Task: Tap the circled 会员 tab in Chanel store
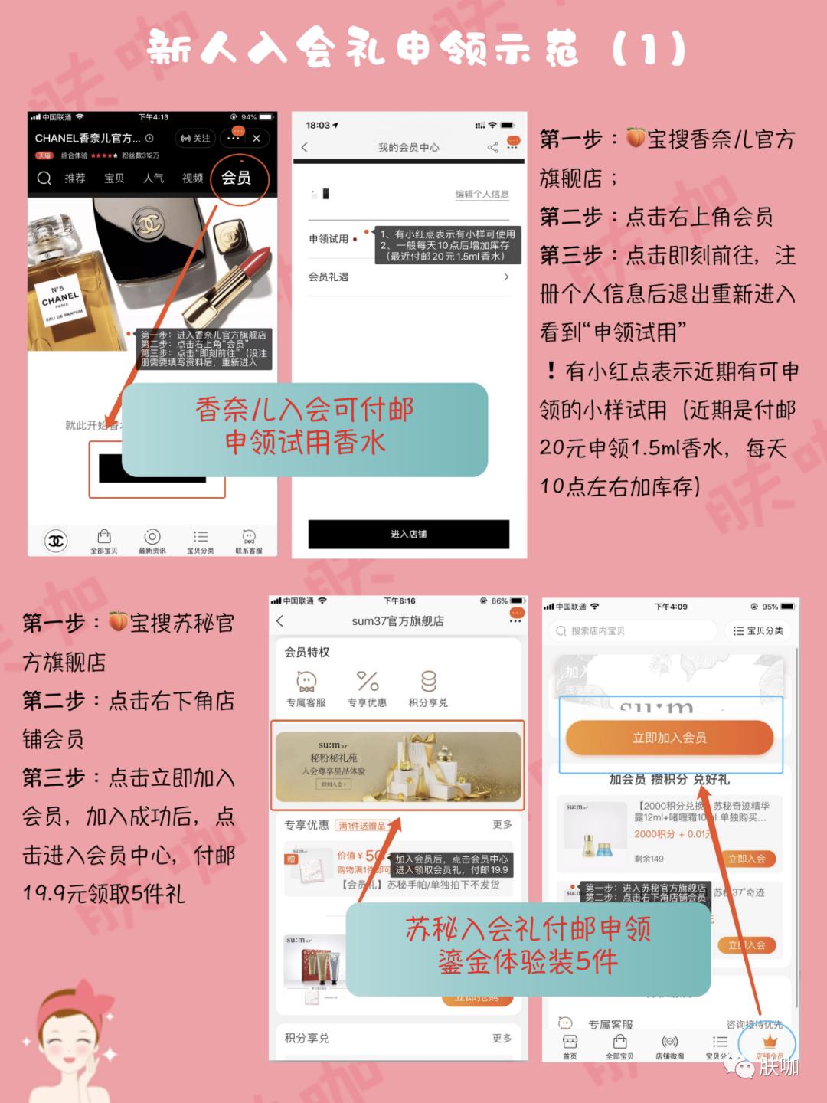[237, 178]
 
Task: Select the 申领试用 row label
[329, 239]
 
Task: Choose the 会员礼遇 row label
[329, 277]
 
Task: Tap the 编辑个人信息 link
[482, 194]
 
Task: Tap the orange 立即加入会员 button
[669, 738]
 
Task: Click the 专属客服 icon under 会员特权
[306, 682]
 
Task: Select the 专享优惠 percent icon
[368, 682]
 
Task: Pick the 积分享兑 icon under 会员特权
[428, 682]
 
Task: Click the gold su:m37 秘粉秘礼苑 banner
[397, 764]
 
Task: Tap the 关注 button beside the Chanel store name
[195, 139]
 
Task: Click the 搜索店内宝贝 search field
[632, 631]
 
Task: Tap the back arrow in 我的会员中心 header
[305, 147]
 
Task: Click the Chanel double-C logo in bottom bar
[56, 541]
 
